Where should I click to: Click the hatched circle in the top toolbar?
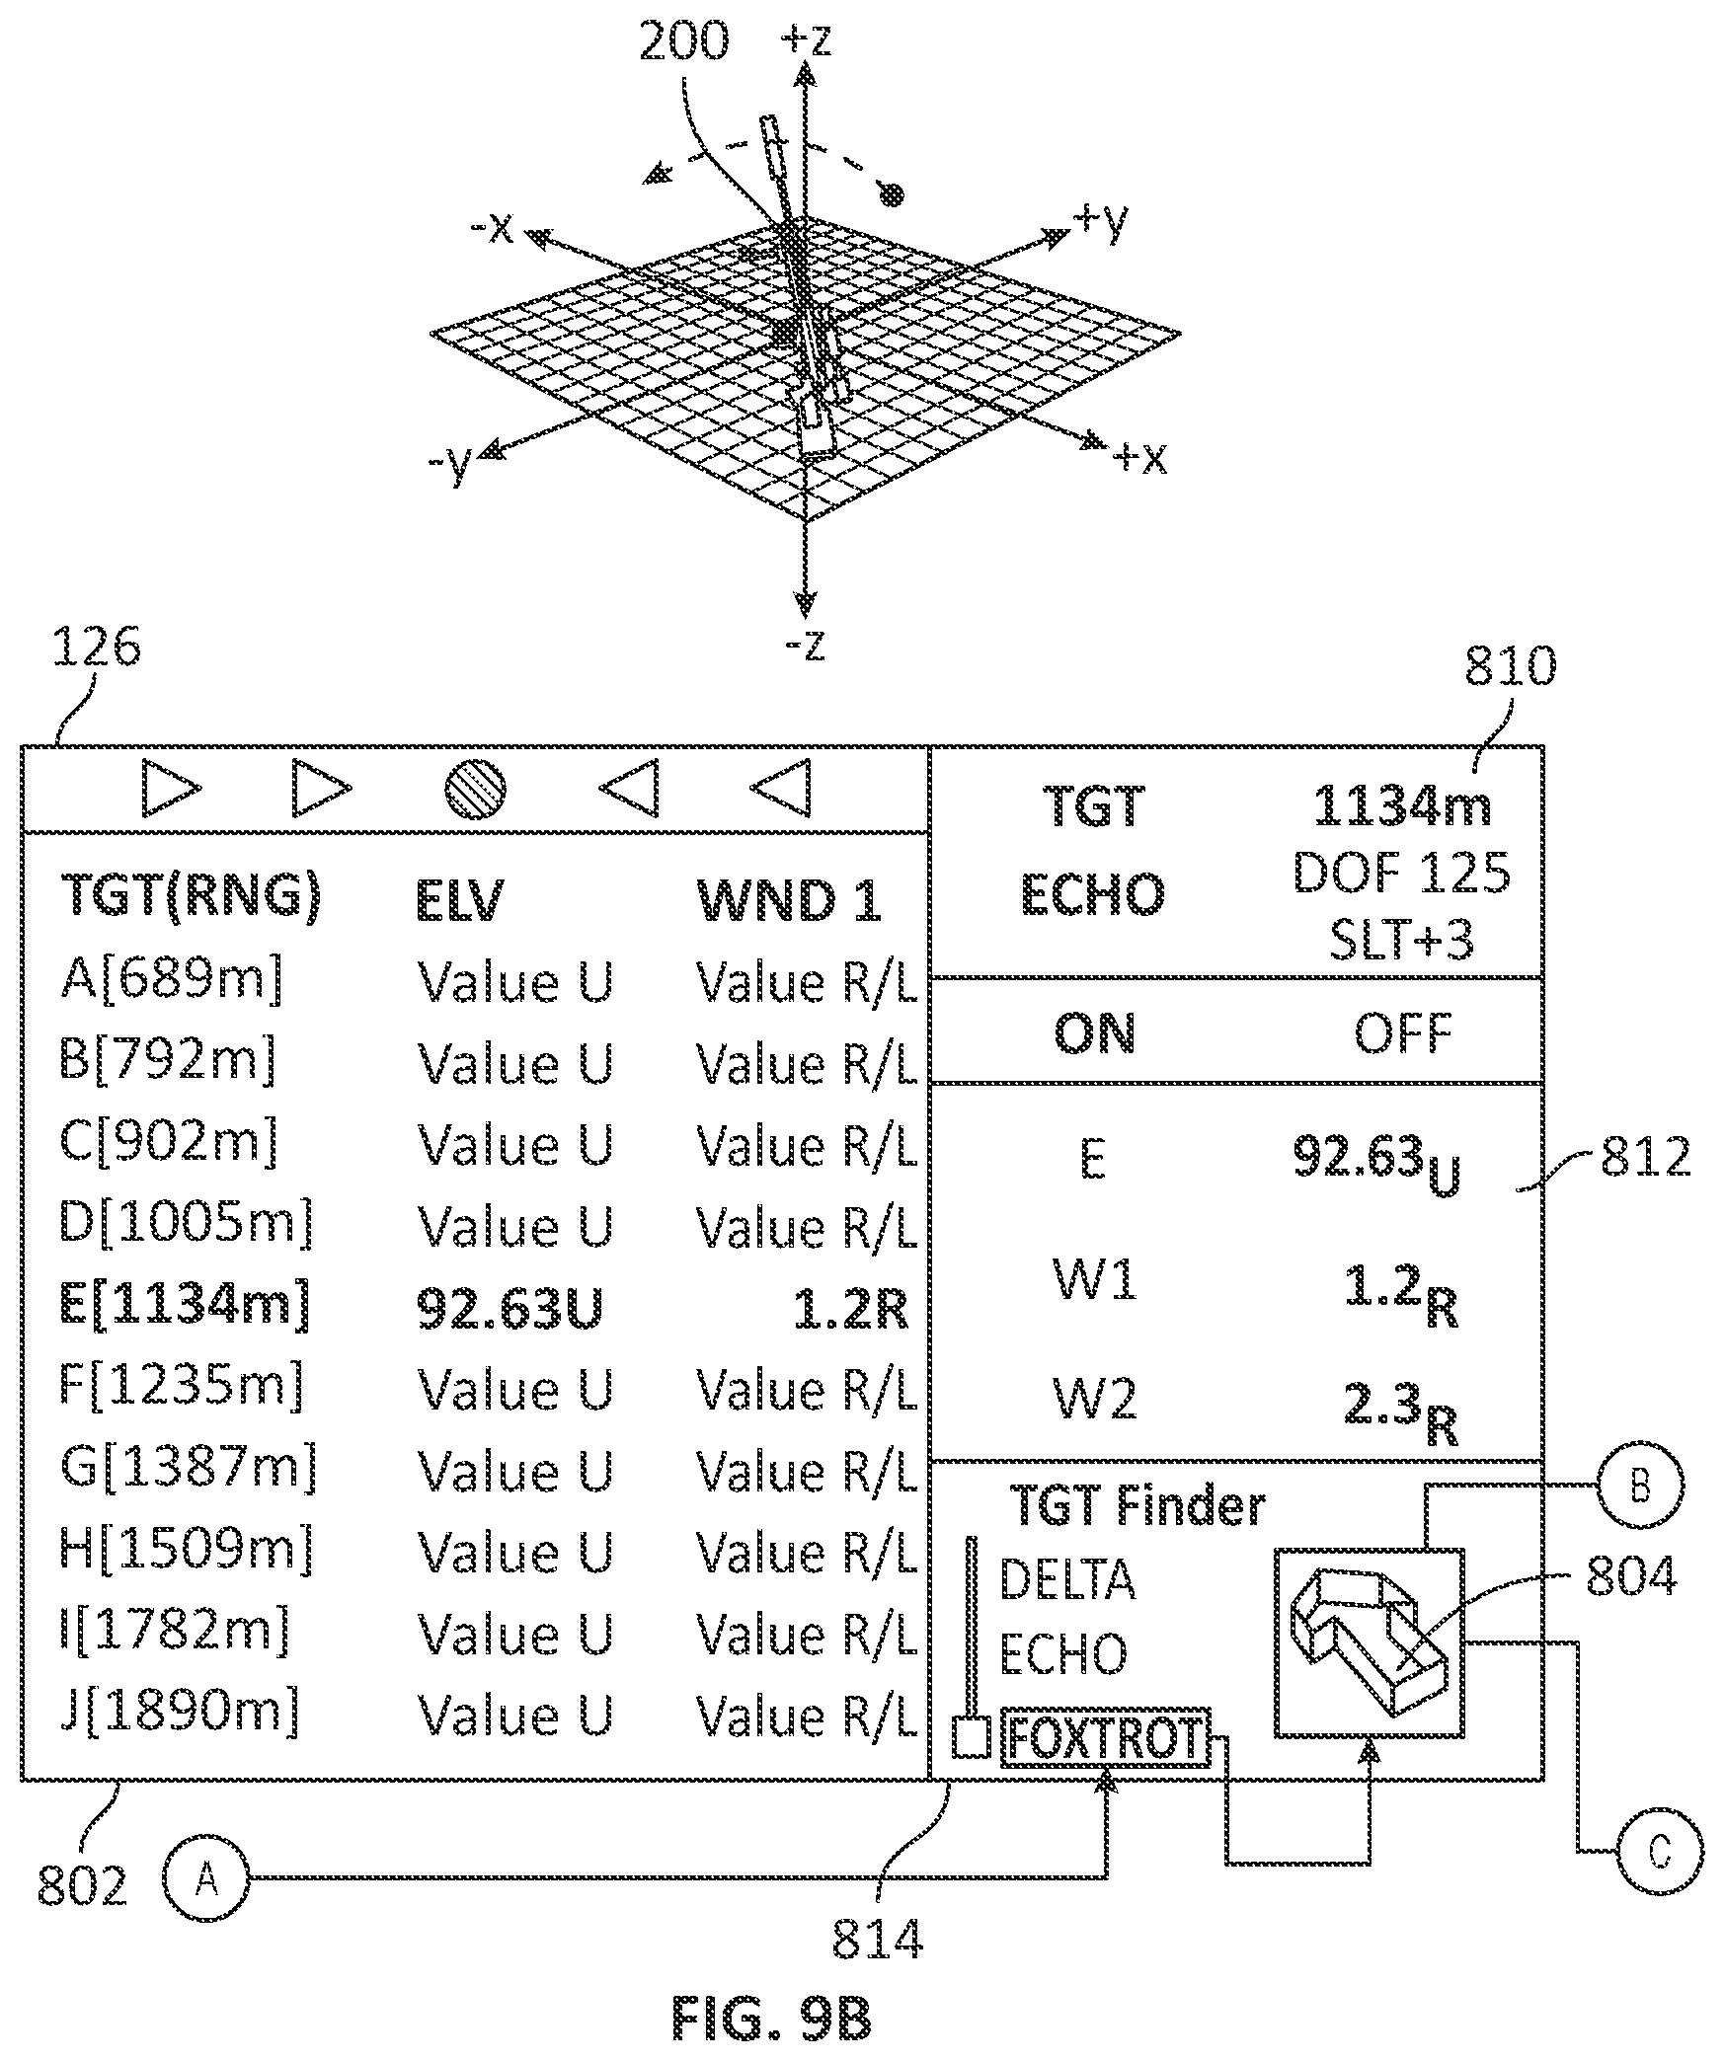click(475, 790)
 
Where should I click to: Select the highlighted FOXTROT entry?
click(1105, 1738)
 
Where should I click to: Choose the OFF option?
click(1402, 1033)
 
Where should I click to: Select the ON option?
click(1095, 1033)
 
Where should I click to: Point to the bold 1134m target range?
click(1402, 806)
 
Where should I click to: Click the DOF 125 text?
click(1402, 873)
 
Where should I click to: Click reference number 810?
click(1510, 666)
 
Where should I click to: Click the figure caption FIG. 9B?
click(772, 2019)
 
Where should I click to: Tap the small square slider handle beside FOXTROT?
click(971, 1738)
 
